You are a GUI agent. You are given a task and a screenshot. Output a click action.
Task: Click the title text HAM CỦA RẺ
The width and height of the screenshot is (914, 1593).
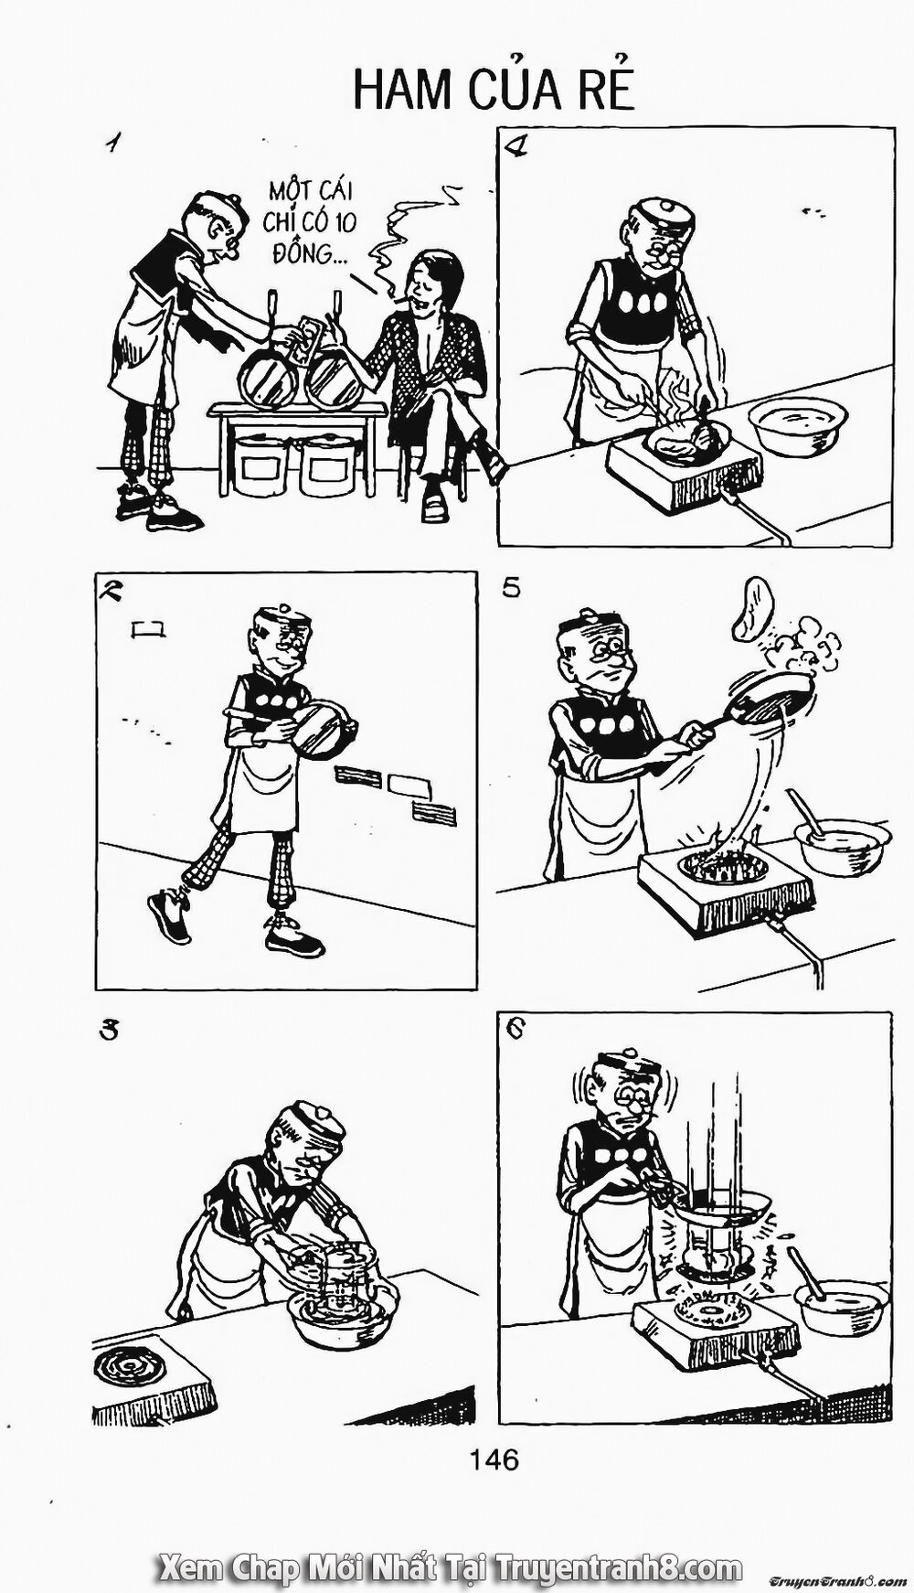pyautogui.click(x=493, y=89)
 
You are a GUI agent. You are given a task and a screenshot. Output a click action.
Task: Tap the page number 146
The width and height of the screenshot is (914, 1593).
pyautogui.click(x=494, y=1458)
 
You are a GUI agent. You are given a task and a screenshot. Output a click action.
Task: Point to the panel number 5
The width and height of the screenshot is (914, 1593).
pyautogui.click(x=511, y=587)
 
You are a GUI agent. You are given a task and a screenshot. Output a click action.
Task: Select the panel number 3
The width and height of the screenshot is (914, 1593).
pyautogui.click(x=110, y=1030)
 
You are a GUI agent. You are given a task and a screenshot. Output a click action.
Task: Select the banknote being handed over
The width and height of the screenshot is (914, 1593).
pyautogui.click(x=309, y=334)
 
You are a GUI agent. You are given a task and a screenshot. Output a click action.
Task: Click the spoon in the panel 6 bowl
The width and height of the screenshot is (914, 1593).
pyautogui.click(x=805, y=1272)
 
